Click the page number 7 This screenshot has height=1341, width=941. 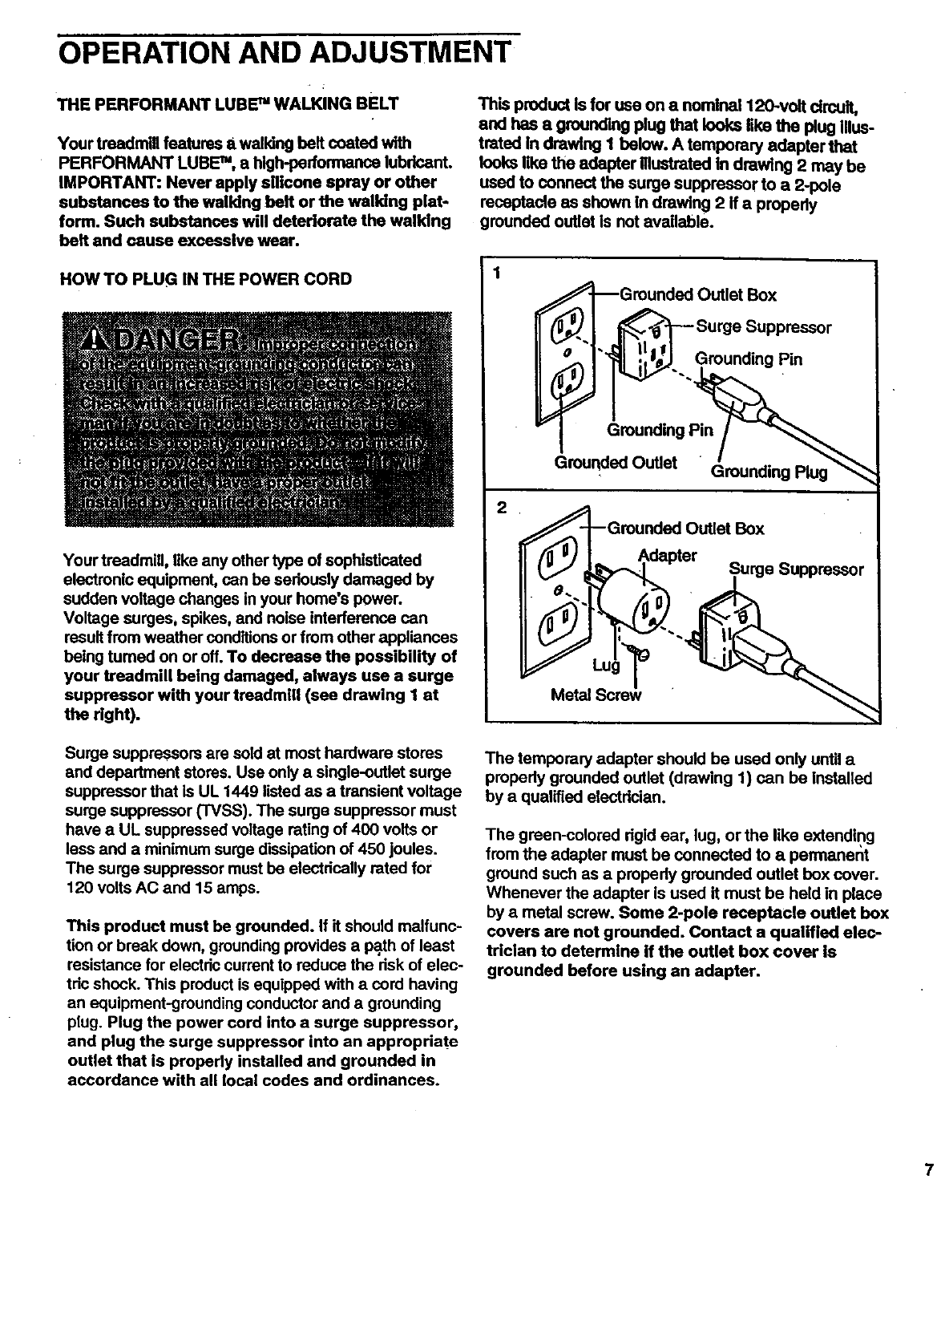[x=928, y=1170]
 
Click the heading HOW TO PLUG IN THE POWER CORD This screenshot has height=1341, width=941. [x=207, y=279]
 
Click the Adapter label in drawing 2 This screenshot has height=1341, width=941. [x=668, y=555]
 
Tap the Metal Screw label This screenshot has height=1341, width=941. [x=597, y=695]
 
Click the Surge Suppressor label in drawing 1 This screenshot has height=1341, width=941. [x=763, y=327]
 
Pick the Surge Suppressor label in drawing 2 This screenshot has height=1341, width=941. [x=796, y=569]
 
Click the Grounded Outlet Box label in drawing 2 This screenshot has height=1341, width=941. [x=685, y=529]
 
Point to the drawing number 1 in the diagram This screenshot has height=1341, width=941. [x=498, y=273]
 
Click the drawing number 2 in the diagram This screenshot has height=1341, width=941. [x=502, y=507]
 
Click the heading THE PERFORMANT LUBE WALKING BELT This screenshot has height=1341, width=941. [x=227, y=105]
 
